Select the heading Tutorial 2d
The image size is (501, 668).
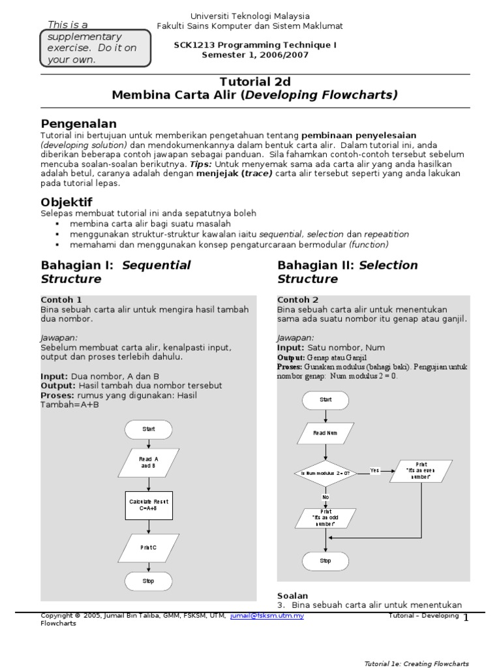coord(254,82)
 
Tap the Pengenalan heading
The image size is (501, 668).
coord(79,123)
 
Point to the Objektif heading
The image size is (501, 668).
coord(67,202)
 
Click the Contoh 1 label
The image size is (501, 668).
coord(61,299)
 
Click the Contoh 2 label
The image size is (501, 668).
coord(297,299)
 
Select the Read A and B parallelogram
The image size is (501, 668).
coord(149,463)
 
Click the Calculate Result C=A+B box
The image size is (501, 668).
coord(149,505)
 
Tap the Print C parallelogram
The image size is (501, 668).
coord(149,548)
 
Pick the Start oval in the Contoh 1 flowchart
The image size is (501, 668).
coord(149,429)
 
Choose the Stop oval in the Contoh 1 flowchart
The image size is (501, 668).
coord(149,581)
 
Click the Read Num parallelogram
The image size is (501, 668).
coord(326,433)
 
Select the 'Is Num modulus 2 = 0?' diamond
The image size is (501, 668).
coord(326,473)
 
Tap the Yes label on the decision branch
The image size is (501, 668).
coord(374,470)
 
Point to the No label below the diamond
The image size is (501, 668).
coord(326,497)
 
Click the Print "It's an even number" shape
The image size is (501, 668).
coord(421,471)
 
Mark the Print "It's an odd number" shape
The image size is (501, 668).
coord(326,518)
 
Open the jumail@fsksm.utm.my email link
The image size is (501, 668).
coord(267,615)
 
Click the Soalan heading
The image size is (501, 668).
coord(292,596)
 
